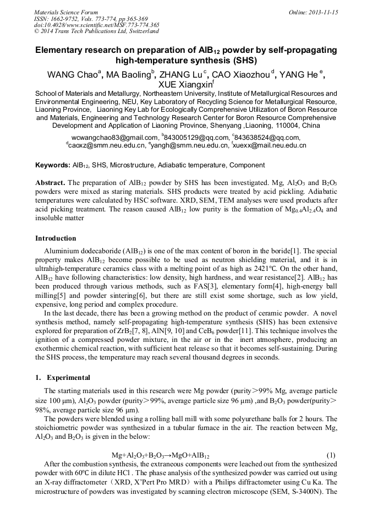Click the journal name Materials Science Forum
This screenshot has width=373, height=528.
[x=66, y=12]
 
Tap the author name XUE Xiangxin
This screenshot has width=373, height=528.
[x=185, y=85]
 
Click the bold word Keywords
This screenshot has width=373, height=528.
[x=52, y=165]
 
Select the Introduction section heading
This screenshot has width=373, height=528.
[x=56, y=238]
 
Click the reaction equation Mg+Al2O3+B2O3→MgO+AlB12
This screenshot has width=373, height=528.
[x=160, y=455]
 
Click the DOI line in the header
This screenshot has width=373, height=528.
[x=97, y=25]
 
